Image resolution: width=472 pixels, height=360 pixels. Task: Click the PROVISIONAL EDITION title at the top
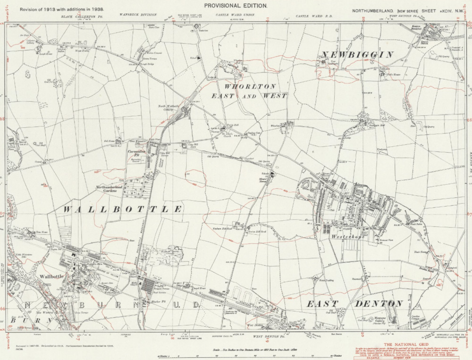pyautogui.click(x=235, y=5)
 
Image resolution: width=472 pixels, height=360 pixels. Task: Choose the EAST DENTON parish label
pyautogui.click(x=354, y=303)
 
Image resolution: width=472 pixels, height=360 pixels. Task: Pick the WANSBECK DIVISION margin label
pyautogui.click(x=136, y=16)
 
